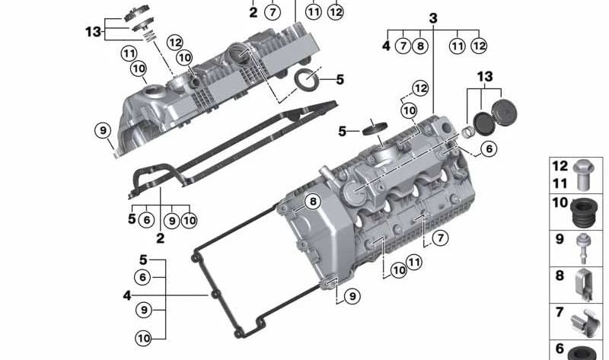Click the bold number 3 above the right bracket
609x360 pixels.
pyautogui.click(x=433, y=18)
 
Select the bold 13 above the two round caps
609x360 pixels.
pyautogui.click(x=485, y=77)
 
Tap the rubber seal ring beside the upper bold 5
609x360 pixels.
pyautogui.click(x=308, y=80)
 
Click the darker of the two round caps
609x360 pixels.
pyautogui.click(x=483, y=123)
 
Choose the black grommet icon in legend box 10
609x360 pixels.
pyautogui.click(x=584, y=212)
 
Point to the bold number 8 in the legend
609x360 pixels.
pyautogui.click(x=560, y=276)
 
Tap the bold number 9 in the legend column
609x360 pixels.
pyautogui.click(x=560, y=239)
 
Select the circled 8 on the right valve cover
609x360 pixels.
pyautogui.click(x=313, y=202)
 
